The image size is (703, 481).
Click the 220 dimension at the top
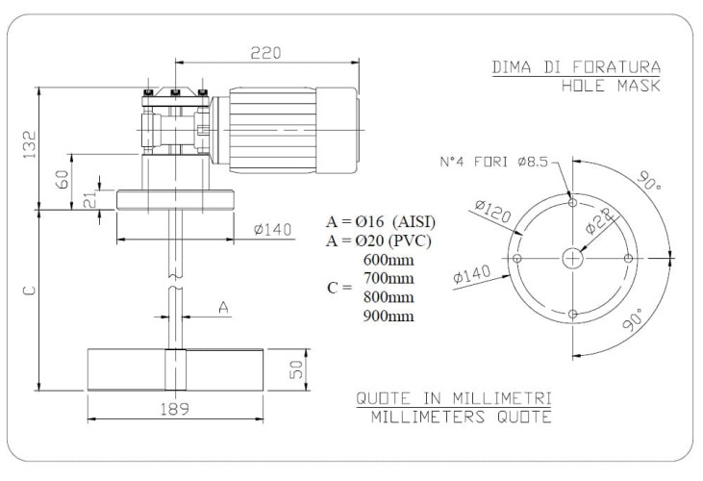pos(261,54)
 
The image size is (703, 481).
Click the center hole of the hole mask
pos(572,258)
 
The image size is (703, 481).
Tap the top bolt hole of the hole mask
pos(572,203)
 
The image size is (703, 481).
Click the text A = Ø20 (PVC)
pos(379,240)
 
